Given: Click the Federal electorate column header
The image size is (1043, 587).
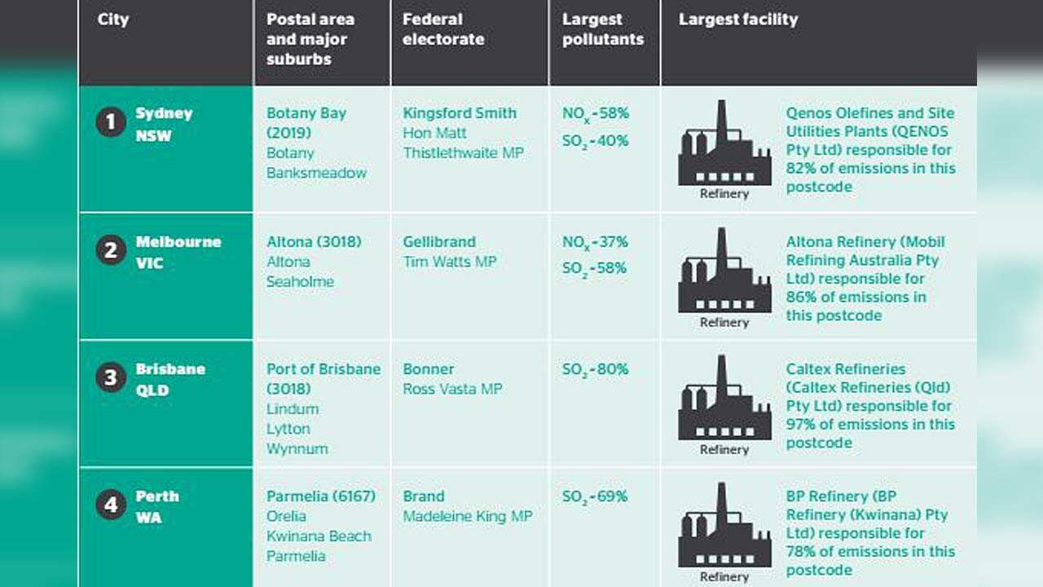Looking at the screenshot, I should (443, 29).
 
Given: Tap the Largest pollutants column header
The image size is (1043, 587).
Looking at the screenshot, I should (602, 29).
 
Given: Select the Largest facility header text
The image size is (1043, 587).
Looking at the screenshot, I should (738, 20).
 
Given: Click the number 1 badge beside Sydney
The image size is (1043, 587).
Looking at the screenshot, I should (111, 123).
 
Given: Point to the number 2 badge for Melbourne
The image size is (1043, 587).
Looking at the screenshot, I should (111, 251).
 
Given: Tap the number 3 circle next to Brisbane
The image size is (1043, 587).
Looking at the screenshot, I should (111, 378).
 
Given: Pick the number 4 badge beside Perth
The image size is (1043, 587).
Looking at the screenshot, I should (111, 505).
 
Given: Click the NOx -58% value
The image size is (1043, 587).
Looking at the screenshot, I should (595, 113).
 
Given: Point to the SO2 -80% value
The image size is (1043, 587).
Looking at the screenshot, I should (595, 369).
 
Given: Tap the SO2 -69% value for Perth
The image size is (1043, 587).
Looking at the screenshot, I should (595, 497).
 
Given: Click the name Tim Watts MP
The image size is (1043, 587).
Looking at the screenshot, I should (449, 262).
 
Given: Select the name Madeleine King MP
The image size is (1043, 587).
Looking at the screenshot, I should (467, 516).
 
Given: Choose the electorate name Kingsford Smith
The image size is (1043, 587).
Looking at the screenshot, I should (460, 113).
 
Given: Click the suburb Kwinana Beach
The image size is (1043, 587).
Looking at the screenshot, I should (319, 536).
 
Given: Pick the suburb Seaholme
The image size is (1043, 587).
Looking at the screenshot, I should (300, 282).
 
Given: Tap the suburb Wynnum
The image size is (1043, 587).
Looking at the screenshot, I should (297, 449).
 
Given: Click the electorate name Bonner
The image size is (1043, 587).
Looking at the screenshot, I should (428, 369).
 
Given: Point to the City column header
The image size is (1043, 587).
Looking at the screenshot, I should (113, 20).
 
